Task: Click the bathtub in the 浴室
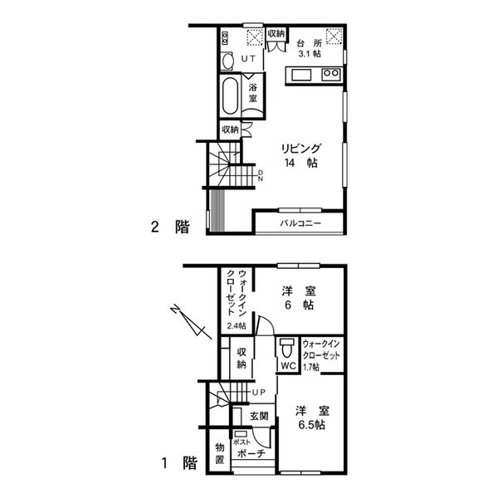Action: (x=230, y=95)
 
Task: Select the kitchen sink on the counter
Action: (x=302, y=76)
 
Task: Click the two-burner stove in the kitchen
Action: (x=331, y=75)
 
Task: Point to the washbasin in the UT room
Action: (x=227, y=61)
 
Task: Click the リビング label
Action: (x=300, y=149)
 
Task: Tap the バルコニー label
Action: (x=300, y=223)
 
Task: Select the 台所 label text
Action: (x=309, y=43)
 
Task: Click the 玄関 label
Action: (x=259, y=416)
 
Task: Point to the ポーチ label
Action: (x=251, y=453)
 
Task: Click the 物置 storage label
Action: (x=220, y=453)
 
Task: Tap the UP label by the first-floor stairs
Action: (x=258, y=393)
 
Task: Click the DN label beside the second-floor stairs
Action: (x=261, y=176)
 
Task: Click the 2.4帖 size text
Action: (x=237, y=325)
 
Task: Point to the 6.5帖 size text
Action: (x=311, y=425)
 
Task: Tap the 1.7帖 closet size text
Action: (x=311, y=368)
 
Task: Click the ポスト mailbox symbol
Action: (x=241, y=434)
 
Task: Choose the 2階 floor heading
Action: (x=170, y=227)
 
